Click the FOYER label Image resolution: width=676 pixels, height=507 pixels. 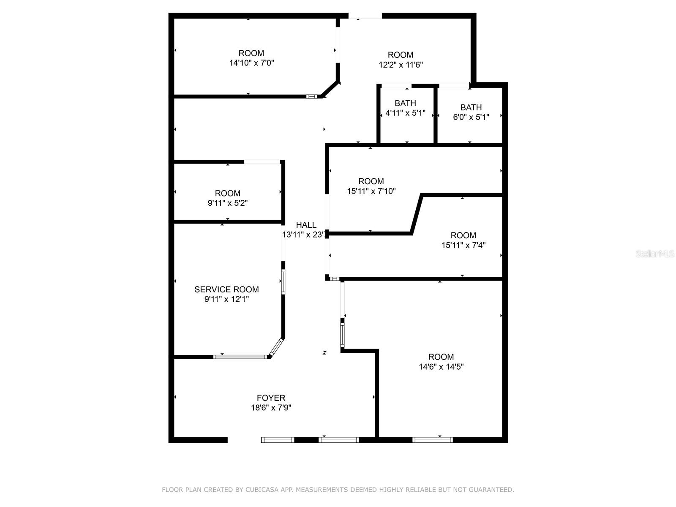[271, 398]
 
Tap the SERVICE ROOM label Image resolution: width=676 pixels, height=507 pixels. [226, 289]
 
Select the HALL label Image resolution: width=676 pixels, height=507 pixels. [306, 225]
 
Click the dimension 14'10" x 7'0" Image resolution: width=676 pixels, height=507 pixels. [252, 63]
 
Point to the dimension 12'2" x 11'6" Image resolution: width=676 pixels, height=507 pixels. [401, 65]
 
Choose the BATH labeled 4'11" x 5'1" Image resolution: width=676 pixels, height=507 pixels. [405, 104]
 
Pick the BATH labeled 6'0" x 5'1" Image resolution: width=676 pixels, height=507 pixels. [471, 107]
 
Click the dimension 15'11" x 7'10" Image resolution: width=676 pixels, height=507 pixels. [371, 191]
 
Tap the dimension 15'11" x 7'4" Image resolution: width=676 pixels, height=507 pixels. [463, 245]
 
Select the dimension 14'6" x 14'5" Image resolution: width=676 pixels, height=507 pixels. [441, 367]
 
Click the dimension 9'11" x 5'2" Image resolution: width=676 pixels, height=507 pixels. [227, 203]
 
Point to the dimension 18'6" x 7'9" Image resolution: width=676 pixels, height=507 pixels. [271, 408]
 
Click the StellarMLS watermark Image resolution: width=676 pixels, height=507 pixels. [655, 254]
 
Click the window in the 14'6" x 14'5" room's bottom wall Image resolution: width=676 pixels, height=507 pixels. [432, 440]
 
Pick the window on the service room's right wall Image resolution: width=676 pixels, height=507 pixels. [283, 282]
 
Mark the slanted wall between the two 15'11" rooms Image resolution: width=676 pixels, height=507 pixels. [417, 214]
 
